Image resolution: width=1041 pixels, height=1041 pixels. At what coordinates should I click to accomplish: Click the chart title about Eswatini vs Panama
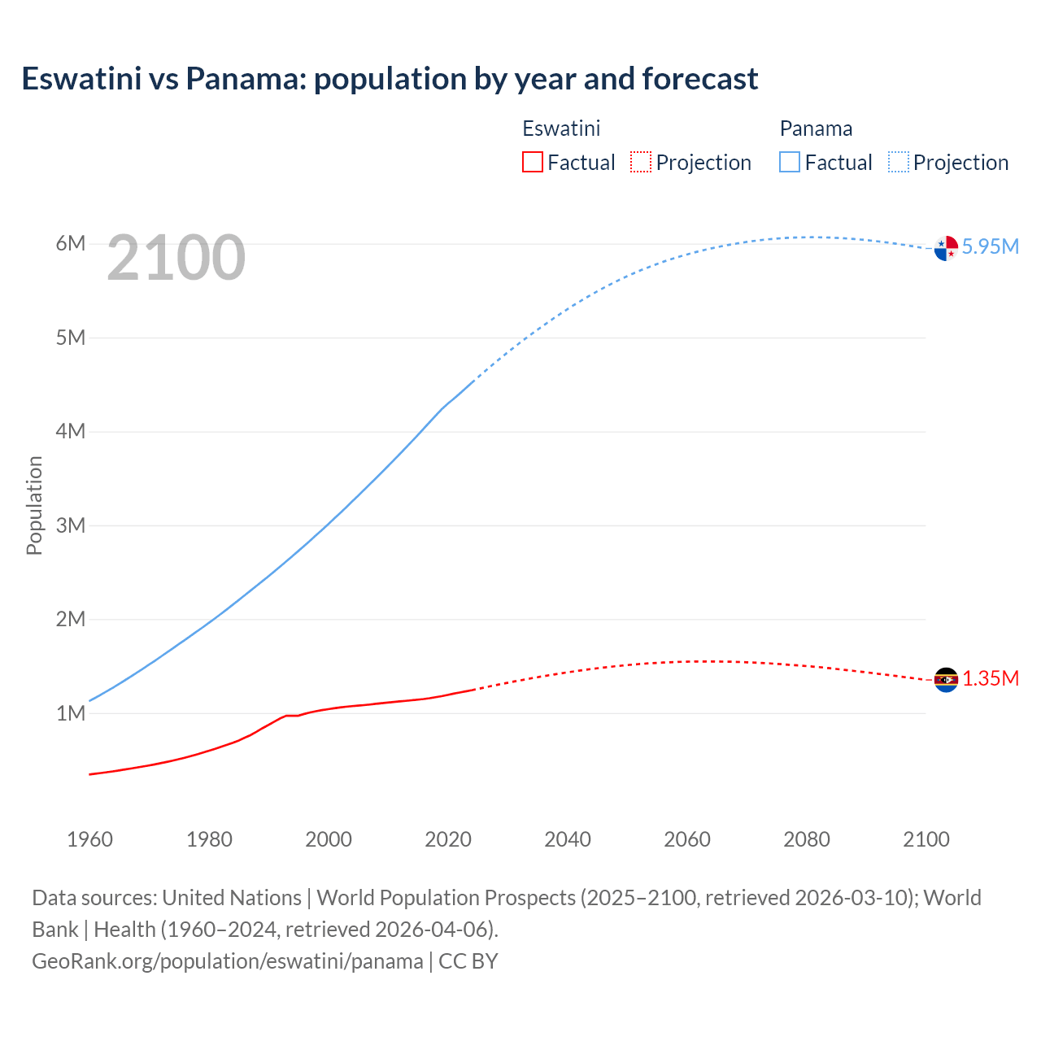pyautogui.click(x=390, y=79)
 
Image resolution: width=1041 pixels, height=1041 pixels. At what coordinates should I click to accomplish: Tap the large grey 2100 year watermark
pyautogui.click(x=176, y=258)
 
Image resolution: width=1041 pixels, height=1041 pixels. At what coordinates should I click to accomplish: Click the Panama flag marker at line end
pyautogui.click(x=946, y=248)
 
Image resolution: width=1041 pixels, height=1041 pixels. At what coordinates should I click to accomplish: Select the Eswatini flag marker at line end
pyautogui.click(x=946, y=679)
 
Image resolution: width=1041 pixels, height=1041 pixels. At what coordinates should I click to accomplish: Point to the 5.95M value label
pyautogui.click(x=990, y=246)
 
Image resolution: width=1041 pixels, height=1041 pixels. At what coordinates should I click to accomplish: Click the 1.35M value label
pyautogui.click(x=990, y=678)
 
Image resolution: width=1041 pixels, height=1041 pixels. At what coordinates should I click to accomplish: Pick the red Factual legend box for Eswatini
pyautogui.click(x=532, y=162)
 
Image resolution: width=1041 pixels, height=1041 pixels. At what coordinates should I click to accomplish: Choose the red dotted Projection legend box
pyautogui.click(x=641, y=162)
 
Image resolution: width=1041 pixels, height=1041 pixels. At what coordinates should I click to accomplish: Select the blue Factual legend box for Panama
pyautogui.click(x=790, y=162)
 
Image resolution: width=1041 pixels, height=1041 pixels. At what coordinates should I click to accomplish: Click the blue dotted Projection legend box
pyautogui.click(x=899, y=162)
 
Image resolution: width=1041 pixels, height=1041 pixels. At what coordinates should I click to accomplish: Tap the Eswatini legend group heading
pyautogui.click(x=561, y=128)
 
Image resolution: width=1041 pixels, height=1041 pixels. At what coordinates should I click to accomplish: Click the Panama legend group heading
pyautogui.click(x=816, y=128)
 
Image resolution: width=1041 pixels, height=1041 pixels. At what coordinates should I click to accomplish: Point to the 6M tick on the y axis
pyautogui.click(x=71, y=244)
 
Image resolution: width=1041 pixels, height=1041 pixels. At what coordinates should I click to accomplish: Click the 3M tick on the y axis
pyautogui.click(x=71, y=525)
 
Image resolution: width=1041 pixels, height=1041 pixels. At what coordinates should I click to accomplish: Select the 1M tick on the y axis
pyautogui.click(x=71, y=713)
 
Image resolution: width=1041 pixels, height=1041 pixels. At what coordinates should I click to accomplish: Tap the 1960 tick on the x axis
pyautogui.click(x=89, y=839)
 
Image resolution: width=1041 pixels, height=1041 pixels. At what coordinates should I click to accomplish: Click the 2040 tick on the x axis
pyautogui.click(x=568, y=839)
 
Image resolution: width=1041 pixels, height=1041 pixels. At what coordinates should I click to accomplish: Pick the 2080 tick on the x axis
pyautogui.click(x=807, y=839)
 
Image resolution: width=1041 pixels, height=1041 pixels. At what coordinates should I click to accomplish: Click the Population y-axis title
pyautogui.click(x=34, y=505)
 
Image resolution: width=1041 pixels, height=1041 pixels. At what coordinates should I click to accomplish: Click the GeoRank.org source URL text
pyautogui.click(x=227, y=961)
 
